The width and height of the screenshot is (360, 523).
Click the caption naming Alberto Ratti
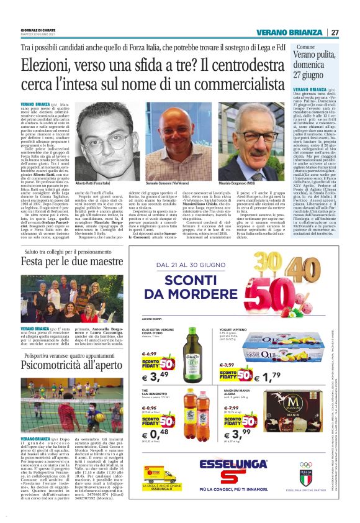click(x=98, y=186)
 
